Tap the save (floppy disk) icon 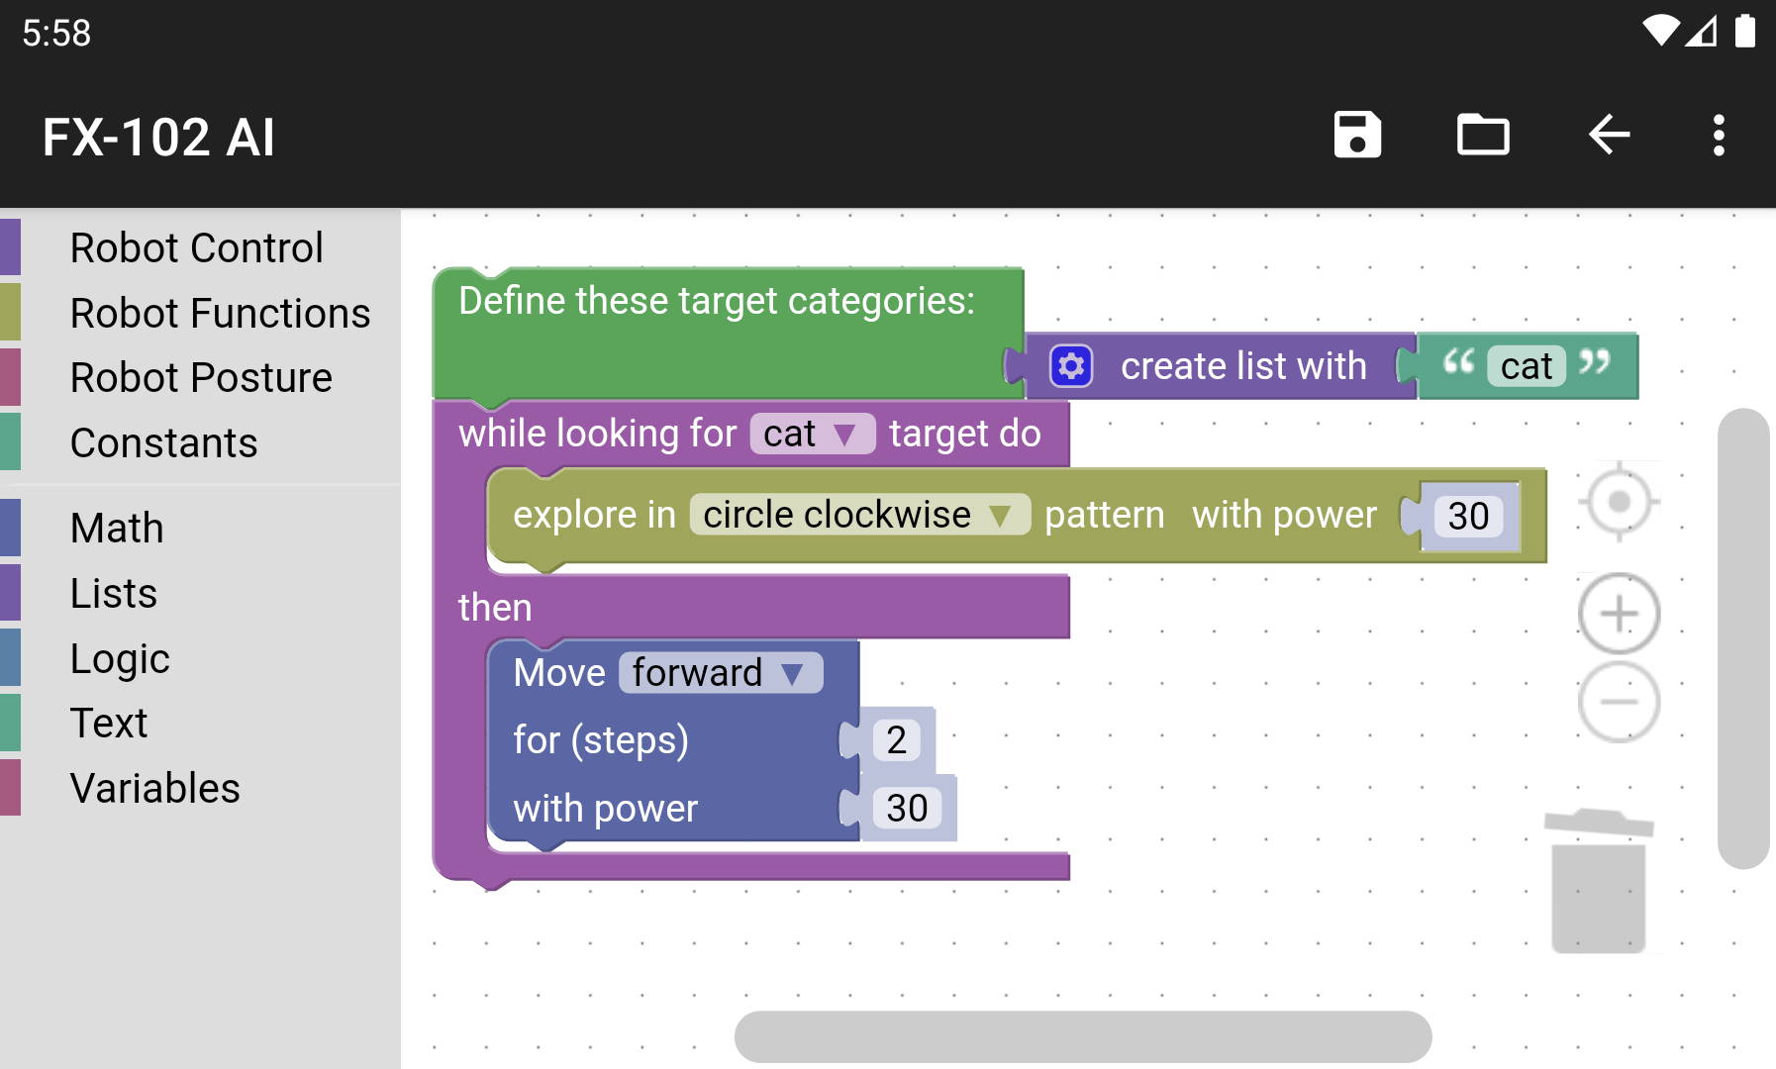tap(1357, 135)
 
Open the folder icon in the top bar tap(1483, 135)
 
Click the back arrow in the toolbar tap(1609, 135)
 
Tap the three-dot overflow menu tap(1719, 135)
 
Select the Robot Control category tap(196, 247)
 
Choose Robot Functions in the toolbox tap(220, 313)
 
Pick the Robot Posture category tap(201, 377)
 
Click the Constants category tap(163, 442)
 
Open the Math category tap(117, 528)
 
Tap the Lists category tap(114, 593)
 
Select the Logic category tap(120, 658)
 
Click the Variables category tap(155, 788)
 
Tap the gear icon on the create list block tap(1071, 366)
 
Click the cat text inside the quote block tap(1527, 366)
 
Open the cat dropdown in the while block tap(813, 434)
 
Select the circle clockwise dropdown tap(859, 515)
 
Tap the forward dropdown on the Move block tap(721, 673)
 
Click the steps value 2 tap(897, 740)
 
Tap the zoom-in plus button tap(1619, 614)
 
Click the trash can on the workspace tap(1598, 881)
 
